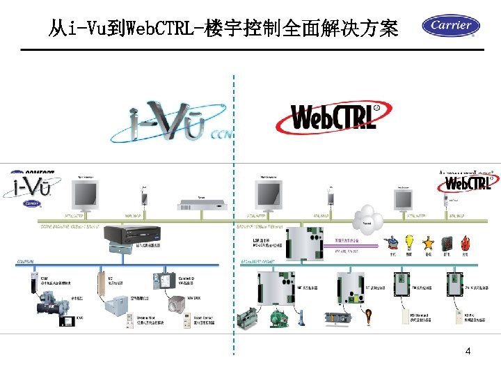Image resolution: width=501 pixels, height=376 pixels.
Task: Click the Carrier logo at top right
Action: [x=451, y=26]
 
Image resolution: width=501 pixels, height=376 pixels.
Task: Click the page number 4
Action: [x=468, y=352]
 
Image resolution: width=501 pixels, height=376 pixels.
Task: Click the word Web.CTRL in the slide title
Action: [x=150, y=29]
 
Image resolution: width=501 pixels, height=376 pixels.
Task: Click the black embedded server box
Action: [x=132, y=235]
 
